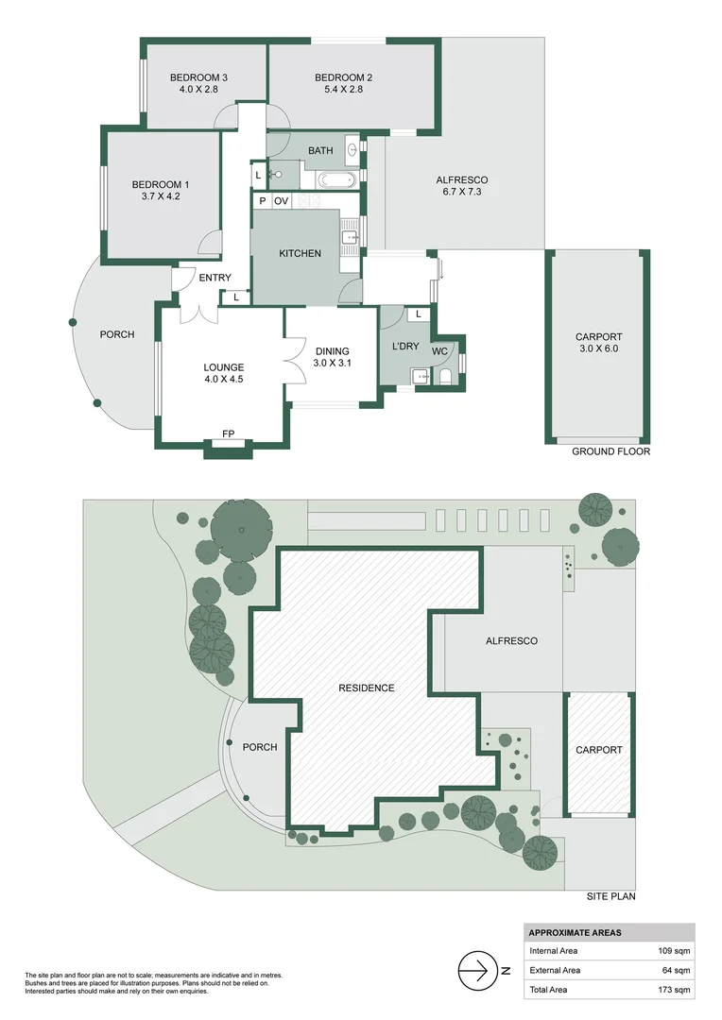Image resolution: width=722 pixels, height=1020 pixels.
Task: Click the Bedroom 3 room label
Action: coord(198,77)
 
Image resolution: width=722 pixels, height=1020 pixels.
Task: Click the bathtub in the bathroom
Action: coord(335,178)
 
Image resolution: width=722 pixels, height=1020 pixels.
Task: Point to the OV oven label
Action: coord(281,201)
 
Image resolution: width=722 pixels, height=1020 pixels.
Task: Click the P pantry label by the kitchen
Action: coord(261,201)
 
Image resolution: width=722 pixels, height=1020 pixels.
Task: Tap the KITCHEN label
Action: coord(300,253)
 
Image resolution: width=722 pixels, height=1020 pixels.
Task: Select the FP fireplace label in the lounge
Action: coord(228,434)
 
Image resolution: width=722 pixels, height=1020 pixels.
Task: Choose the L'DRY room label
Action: coord(405,347)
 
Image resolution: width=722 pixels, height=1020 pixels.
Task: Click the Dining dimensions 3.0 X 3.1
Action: coord(333,362)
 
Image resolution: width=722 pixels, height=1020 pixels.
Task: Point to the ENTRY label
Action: coord(215,278)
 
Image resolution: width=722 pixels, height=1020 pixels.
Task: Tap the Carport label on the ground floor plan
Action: coord(599,337)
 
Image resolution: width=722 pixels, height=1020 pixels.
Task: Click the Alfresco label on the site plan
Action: coord(511,640)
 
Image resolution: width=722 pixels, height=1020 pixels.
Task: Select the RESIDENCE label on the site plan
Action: coord(367,688)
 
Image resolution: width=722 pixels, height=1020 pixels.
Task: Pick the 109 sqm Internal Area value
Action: coord(675,951)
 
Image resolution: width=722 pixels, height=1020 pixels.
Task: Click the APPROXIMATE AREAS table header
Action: coord(575,932)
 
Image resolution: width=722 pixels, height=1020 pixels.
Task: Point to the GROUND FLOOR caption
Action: coord(610,451)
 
